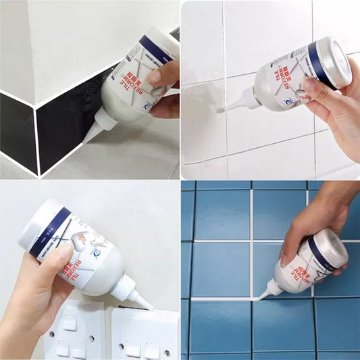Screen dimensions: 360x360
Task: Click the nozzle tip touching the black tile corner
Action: (85, 140)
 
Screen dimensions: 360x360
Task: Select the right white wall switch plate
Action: (145, 334)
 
